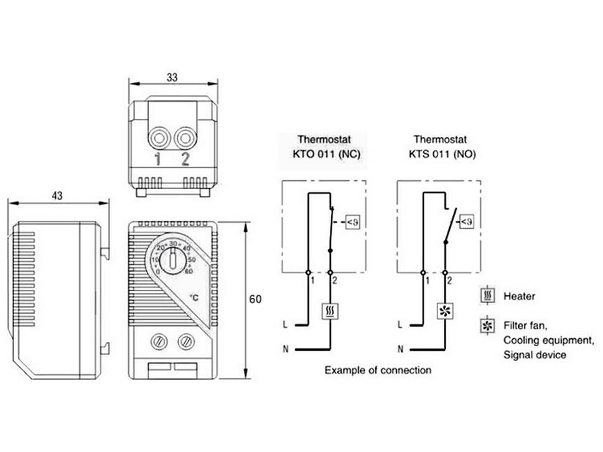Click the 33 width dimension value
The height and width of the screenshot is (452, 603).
click(x=173, y=77)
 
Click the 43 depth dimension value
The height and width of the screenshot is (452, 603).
click(x=57, y=196)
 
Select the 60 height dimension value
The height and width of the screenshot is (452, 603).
click(x=255, y=299)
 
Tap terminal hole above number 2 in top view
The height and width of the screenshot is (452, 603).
click(x=185, y=137)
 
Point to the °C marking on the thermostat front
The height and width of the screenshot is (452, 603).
click(x=194, y=298)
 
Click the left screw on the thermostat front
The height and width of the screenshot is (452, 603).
click(x=158, y=341)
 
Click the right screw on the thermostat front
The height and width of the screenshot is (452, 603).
click(x=185, y=341)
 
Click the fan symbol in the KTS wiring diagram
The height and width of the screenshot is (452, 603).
click(x=445, y=311)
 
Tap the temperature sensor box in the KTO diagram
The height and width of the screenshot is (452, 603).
click(x=352, y=221)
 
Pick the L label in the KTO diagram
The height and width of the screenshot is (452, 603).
click(x=285, y=325)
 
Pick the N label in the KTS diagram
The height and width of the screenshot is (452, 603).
click(x=401, y=349)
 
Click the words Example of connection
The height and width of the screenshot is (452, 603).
click(x=378, y=371)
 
